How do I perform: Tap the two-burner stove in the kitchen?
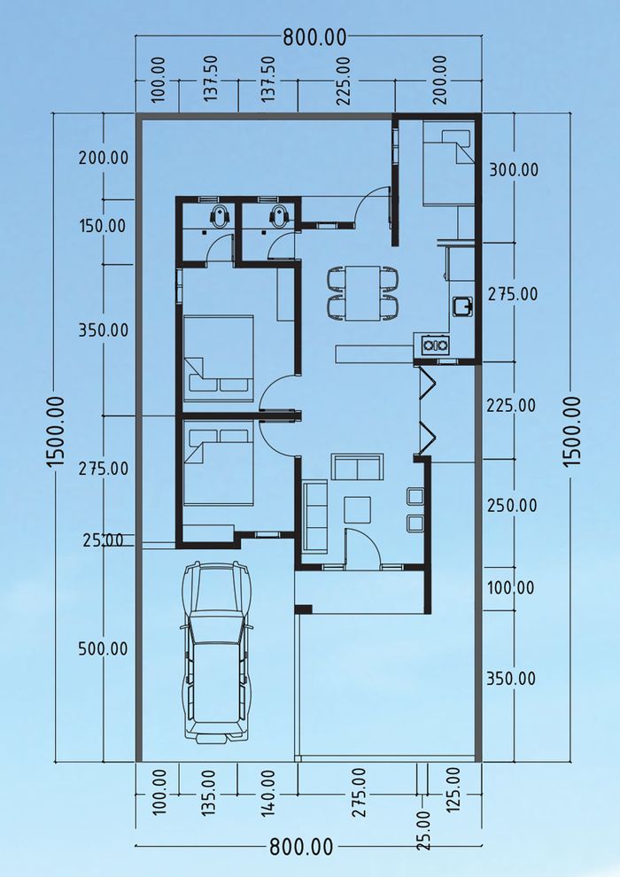[x=436, y=345]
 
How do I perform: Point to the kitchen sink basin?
[x=463, y=306]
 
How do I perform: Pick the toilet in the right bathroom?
[x=279, y=214]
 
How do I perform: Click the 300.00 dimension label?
[x=514, y=169]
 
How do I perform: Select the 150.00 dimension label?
[x=103, y=227]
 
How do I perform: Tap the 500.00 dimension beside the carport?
[x=103, y=648]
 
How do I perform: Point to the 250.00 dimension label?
[x=512, y=505]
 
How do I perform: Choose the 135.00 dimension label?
[x=208, y=792]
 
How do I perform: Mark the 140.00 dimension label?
[x=267, y=792]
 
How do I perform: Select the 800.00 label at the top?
[x=314, y=38]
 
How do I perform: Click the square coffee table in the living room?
[x=357, y=509]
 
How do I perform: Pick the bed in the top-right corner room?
[x=448, y=167]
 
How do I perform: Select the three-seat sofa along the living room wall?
[x=315, y=516]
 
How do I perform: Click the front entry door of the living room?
[x=362, y=547]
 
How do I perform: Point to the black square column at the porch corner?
[x=303, y=609]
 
